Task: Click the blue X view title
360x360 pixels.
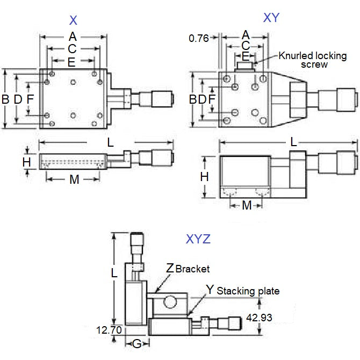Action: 74,21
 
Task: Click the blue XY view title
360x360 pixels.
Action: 271,18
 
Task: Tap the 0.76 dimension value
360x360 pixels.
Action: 199,38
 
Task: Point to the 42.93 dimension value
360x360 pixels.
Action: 258,318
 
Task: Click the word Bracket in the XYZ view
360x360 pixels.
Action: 192,268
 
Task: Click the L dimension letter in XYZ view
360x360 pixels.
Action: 114,272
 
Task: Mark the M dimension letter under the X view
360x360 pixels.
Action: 74,179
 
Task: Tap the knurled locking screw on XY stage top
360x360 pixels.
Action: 245,67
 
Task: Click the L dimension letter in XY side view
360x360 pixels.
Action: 293,142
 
